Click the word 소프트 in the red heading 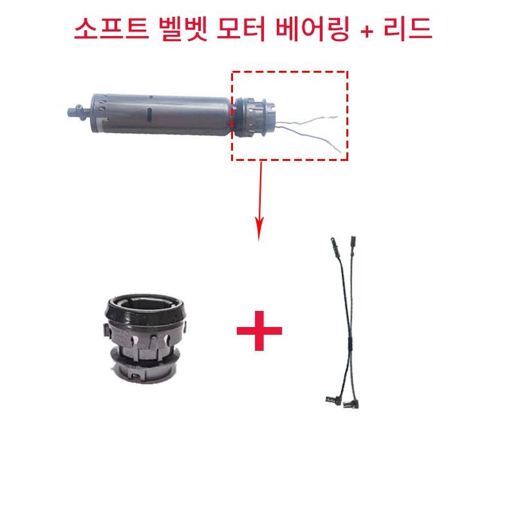tap(111, 29)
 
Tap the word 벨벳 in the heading tap(183, 29)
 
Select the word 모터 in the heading tap(241, 29)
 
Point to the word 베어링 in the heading tap(312, 29)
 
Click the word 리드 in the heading tap(407, 28)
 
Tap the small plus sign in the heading tap(367, 32)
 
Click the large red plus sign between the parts tap(259, 330)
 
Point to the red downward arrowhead tap(259, 229)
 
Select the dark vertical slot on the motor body tap(149, 115)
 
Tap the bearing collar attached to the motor tap(253, 117)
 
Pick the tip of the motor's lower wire tap(340, 151)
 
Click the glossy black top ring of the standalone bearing tap(145, 308)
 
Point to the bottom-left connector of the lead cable tap(333, 399)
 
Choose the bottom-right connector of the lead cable tap(351, 404)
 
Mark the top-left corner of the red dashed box tap(232, 71)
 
